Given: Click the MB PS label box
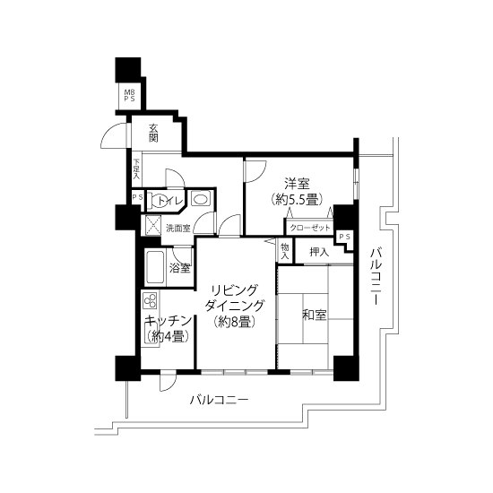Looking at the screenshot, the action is (x=129, y=96).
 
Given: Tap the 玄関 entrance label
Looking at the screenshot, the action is (x=153, y=133).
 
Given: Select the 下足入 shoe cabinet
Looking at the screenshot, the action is (x=136, y=169).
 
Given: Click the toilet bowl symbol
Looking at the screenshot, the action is (x=156, y=200).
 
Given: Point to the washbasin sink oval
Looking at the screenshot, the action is (x=199, y=199).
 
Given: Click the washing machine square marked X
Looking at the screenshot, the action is (x=153, y=225).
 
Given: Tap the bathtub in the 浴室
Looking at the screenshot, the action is (x=155, y=267).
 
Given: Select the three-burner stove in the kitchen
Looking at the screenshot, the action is (x=150, y=301).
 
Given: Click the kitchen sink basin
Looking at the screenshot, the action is (x=151, y=333).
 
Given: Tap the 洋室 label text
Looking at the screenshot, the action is (x=297, y=184).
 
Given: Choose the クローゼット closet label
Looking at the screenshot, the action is (x=310, y=228).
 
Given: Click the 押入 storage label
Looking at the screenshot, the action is (x=319, y=252).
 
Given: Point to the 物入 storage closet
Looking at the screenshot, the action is (x=285, y=251).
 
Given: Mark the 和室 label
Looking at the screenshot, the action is (x=315, y=315).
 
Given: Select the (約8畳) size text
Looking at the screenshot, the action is (x=235, y=322).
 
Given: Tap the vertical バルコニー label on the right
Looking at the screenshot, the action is (x=376, y=276).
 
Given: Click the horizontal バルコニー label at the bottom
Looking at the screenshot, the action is (x=219, y=400).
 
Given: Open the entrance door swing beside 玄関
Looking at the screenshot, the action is (x=114, y=135).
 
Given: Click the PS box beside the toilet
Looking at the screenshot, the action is (x=137, y=197).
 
